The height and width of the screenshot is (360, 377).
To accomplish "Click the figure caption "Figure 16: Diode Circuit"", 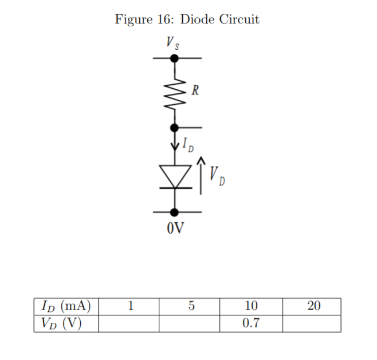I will [187, 19].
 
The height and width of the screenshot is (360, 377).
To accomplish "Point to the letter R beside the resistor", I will [195, 90].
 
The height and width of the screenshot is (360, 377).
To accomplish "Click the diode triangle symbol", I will [174, 176].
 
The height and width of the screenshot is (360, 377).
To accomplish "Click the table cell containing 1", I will [128, 306].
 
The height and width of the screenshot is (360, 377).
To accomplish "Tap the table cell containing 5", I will [190, 306].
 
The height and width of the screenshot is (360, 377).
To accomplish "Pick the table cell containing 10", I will [251, 306].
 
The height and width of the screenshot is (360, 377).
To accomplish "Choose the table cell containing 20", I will [312, 306].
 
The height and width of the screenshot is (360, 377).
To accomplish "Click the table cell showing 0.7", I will [251, 323].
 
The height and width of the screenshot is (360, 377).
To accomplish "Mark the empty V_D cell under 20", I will [312, 323].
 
